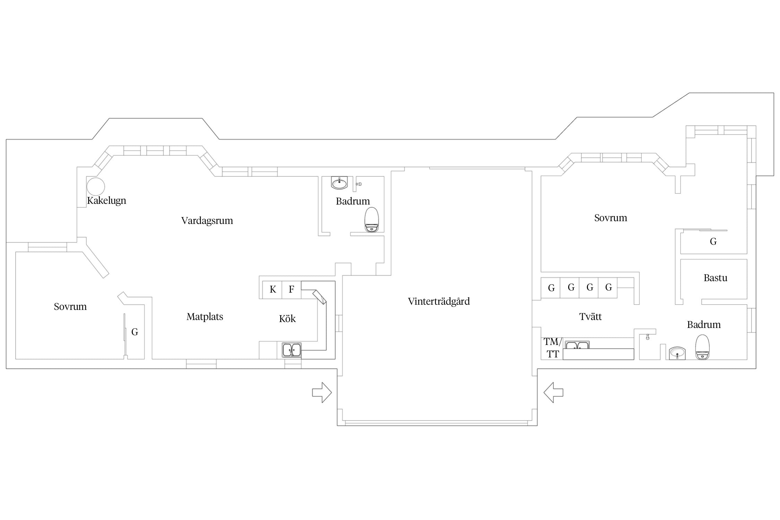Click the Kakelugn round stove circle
tap(95, 186)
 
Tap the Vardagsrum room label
tap(207, 220)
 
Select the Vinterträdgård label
tap(439, 301)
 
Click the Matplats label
tap(205, 317)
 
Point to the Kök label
tap(287, 318)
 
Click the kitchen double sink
tap(291, 350)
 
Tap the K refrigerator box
tap(272, 289)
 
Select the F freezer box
tap(292, 289)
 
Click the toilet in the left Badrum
tap(372, 220)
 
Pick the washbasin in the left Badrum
tap(339, 183)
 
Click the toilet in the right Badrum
tap(702, 347)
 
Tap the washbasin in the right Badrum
tap(677, 353)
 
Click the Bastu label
tap(715, 278)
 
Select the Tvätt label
tap(590, 317)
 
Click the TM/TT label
tap(553, 348)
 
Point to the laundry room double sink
tap(577, 345)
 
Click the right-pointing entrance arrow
tap(322, 392)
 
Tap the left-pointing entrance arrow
tap(553, 392)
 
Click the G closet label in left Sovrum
tap(135, 332)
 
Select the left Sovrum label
tap(70, 306)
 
